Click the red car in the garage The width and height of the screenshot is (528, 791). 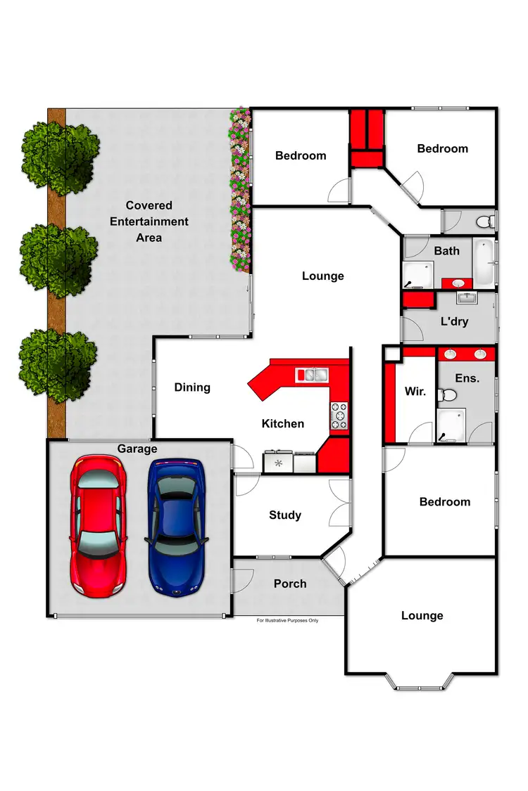click(x=98, y=525)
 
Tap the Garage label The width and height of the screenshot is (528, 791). click(x=137, y=449)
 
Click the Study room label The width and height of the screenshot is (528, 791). click(x=285, y=515)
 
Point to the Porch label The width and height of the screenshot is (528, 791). click(x=290, y=584)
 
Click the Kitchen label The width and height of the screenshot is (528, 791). click(x=283, y=423)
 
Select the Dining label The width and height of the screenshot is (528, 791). click(x=192, y=387)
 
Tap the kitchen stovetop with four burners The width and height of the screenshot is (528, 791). click(x=339, y=416)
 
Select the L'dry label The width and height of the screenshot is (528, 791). click(x=454, y=321)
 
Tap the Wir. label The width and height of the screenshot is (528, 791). click(x=415, y=392)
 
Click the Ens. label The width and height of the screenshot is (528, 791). click(x=467, y=378)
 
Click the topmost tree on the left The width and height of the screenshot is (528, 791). click(x=61, y=155)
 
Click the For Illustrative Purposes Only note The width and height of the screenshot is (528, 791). click(x=287, y=621)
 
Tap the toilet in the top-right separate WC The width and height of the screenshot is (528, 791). click(x=484, y=222)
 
